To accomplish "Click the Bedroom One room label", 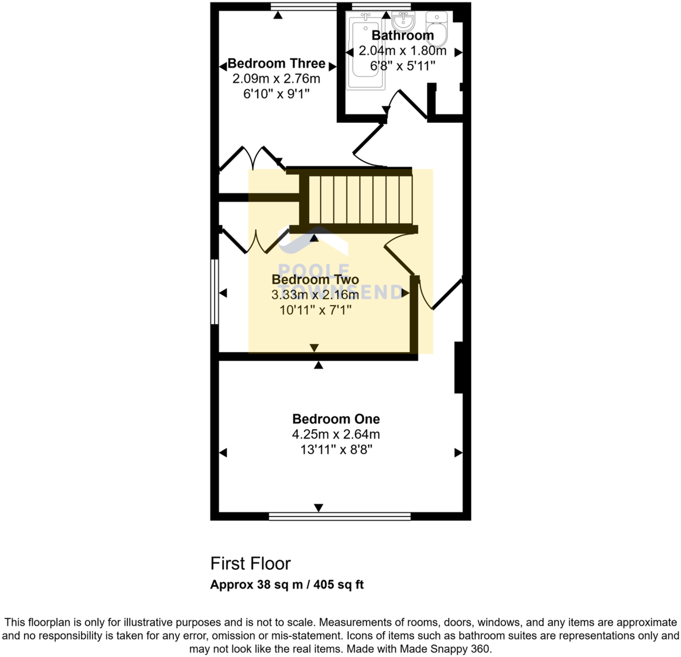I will coord(336,419).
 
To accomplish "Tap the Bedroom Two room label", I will coord(315,279).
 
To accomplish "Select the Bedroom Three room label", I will coord(277,64).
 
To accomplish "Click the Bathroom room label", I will coord(402,36).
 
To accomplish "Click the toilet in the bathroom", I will coord(439,26).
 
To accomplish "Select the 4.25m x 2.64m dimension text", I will coord(336,434).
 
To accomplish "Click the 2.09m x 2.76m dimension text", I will coord(276,79).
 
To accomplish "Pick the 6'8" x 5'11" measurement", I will coord(402,66).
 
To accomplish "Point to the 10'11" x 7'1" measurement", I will coord(315,310).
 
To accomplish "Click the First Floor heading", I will coord(250,563).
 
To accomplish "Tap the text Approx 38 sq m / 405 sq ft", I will coord(287,585).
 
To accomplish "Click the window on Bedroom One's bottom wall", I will coord(340,516).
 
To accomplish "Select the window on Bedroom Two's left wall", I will coord(214,292).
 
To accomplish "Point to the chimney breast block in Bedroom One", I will coord(458,368).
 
